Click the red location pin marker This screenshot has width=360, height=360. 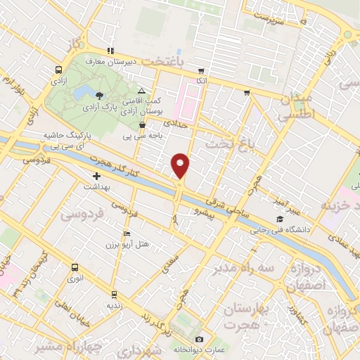[x=181, y=165]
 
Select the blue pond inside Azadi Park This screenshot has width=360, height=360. [x=84, y=91]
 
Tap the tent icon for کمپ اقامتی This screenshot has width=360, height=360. [x=142, y=91]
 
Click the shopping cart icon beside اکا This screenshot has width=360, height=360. [x=201, y=71]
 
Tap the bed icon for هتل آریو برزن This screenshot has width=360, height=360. [x=127, y=233]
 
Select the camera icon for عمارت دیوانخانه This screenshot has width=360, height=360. [x=199, y=340]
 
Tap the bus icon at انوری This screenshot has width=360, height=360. [x=75, y=267]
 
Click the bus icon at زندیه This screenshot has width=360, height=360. [x=113, y=294]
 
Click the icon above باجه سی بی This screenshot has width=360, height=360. [x=143, y=124]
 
